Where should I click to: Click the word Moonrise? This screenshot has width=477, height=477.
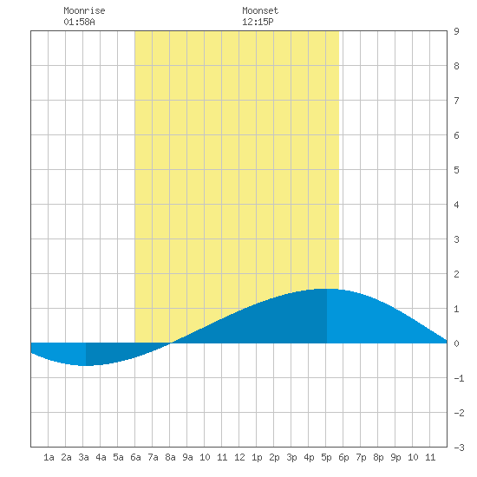(84, 10)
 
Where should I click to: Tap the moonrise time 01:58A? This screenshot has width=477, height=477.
(79, 22)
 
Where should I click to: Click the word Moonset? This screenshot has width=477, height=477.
(260, 10)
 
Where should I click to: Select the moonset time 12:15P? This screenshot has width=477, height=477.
(258, 22)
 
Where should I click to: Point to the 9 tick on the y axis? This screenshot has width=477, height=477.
(456, 31)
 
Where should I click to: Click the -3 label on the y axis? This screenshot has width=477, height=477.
(459, 448)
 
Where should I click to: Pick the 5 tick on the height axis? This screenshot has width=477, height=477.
(456, 170)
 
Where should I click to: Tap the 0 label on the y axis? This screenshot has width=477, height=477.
(456, 343)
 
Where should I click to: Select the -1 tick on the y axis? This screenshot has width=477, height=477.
(459, 378)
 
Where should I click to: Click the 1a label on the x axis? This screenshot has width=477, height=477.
(49, 457)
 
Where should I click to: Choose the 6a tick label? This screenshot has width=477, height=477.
(135, 457)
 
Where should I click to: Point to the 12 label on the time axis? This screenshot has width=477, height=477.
(239, 457)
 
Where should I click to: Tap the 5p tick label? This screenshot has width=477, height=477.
(326, 457)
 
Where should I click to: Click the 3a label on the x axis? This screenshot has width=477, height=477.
(83, 457)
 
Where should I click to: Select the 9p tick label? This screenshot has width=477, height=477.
(395, 457)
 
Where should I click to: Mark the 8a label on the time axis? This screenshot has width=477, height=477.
(170, 457)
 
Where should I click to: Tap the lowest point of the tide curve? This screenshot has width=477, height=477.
(86, 365)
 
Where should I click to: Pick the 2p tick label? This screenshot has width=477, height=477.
(274, 457)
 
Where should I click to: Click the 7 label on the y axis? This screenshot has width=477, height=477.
(456, 101)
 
